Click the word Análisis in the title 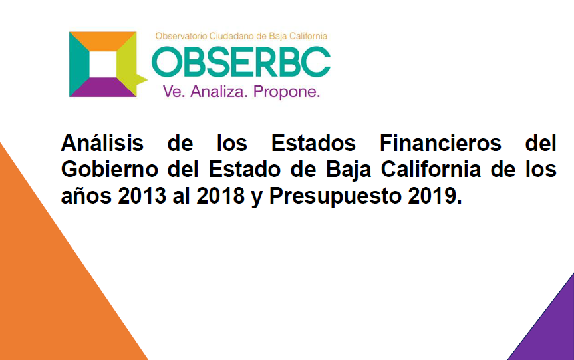(102, 143)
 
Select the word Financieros (440, 143)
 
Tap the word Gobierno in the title (110, 169)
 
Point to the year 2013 (142, 196)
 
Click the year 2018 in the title (220, 196)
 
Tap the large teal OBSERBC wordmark (241, 61)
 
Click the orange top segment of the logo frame (103, 41)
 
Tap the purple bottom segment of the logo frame (103, 87)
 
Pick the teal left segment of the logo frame (78, 64)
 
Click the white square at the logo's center (103, 65)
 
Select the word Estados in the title (313, 143)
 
